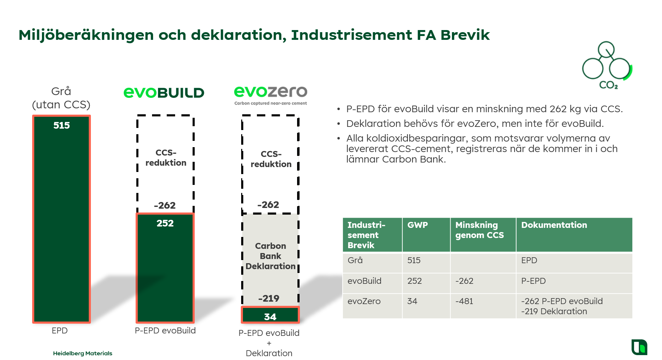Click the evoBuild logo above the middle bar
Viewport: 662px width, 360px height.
pyautogui.click(x=164, y=93)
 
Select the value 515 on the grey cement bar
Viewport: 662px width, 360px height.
pyautogui.click(x=62, y=125)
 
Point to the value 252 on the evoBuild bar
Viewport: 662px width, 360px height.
pyautogui.click(x=165, y=223)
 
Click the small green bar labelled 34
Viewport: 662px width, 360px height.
pyautogui.click(x=270, y=316)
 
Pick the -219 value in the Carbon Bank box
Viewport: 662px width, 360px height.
pyautogui.click(x=269, y=298)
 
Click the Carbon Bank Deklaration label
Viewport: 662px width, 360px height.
pyautogui.click(x=271, y=256)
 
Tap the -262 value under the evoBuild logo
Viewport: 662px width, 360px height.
pyautogui.click(x=165, y=206)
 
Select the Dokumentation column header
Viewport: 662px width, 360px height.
pyautogui.click(x=554, y=225)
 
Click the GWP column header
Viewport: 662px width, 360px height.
pyautogui.click(x=417, y=225)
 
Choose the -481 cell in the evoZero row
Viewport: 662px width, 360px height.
pyautogui.click(x=464, y=301)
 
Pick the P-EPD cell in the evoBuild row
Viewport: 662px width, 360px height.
pyautogui.click(x=533, y=281)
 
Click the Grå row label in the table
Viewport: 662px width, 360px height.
pyautogui.click(x=355, y=260)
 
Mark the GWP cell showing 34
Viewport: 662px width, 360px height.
pyautogui.click(x=412, y=301)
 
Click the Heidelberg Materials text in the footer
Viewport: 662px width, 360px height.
pyautogui.click(x=82, y=353)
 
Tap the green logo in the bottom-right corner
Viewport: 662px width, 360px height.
pyautogui.click(x=639, y=347)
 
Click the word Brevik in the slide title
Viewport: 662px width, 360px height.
pyautogui.click(x=465, y=35)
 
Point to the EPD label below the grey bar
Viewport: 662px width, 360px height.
pyautogui.click(x=60, y=331)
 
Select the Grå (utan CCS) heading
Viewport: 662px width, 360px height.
pyautogui.click(x=61, y=98)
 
